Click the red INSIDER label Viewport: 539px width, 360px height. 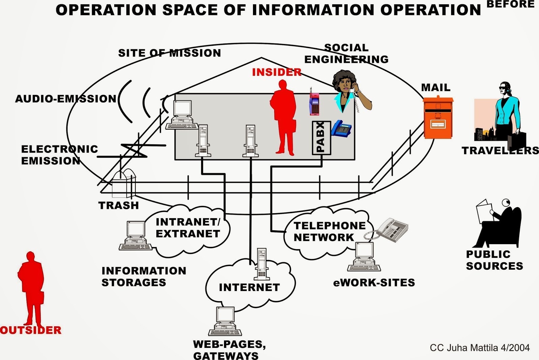click(x=277, y=72)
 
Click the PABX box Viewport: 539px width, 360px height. click(x=321, y=138)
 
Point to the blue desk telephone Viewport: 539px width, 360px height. click(x=342, y=129)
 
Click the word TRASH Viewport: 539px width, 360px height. click(x=119, y=205)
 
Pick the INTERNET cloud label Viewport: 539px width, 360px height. click(x=249, y=287)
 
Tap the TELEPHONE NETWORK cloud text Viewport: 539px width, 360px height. click(x=329, y=231)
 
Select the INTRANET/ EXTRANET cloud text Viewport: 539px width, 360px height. click(x=188, y=228)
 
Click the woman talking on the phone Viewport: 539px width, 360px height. click(x=349, y=91)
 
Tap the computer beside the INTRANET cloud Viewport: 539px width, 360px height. click(x=135, y=236)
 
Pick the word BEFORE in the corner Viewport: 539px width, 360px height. click(x=510, y=4)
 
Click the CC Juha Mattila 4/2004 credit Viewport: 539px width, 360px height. click(x=480, y=348)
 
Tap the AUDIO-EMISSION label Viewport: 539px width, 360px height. click(x=66, y=99)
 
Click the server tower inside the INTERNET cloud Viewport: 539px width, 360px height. click(x=262, y=264)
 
